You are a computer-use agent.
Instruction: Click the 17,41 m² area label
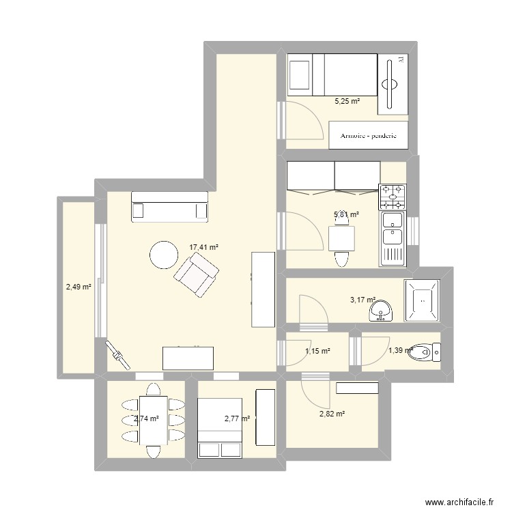203,248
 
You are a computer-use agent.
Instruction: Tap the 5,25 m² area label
346,101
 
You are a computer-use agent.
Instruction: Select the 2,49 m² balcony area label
79,287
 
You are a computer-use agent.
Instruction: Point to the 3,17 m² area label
362,299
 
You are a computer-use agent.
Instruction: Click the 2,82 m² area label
331,414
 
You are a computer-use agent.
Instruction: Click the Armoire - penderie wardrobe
369,135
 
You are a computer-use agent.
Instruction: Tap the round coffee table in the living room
164,255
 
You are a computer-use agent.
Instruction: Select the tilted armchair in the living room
197,274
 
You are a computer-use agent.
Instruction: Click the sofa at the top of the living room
169,207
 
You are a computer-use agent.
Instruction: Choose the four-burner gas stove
393,197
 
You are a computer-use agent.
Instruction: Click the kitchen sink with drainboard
393,238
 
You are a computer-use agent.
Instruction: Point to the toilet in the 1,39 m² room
431,352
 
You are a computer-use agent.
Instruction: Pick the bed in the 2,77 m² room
220,427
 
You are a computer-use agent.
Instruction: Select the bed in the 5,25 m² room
332,75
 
